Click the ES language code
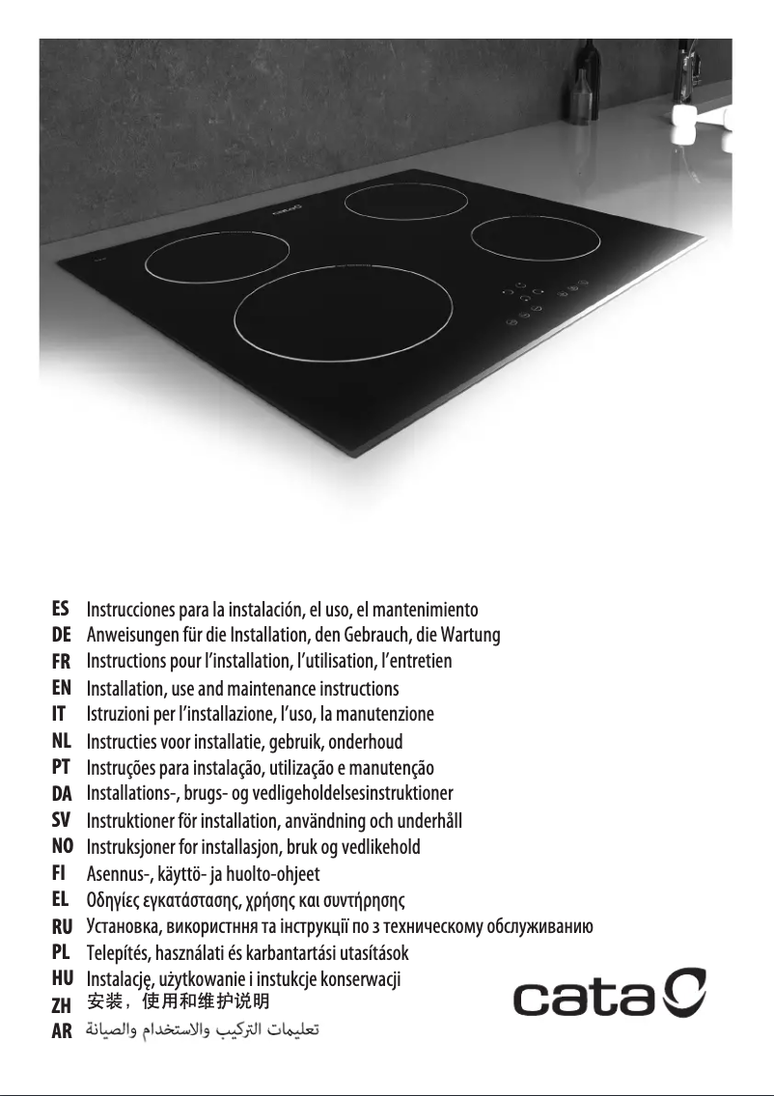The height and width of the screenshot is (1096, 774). pyautogui.click(x=61, y=610)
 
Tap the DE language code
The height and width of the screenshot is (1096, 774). pyautogui.click(x=61, y=636)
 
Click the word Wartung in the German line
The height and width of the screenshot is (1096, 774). pyautogui.click(x=472, y=636)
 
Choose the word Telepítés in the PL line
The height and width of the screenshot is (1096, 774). pyautogui.click(x=119, y=953)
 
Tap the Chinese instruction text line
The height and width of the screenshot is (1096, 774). pyautogui.click(x=172, y=1003)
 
